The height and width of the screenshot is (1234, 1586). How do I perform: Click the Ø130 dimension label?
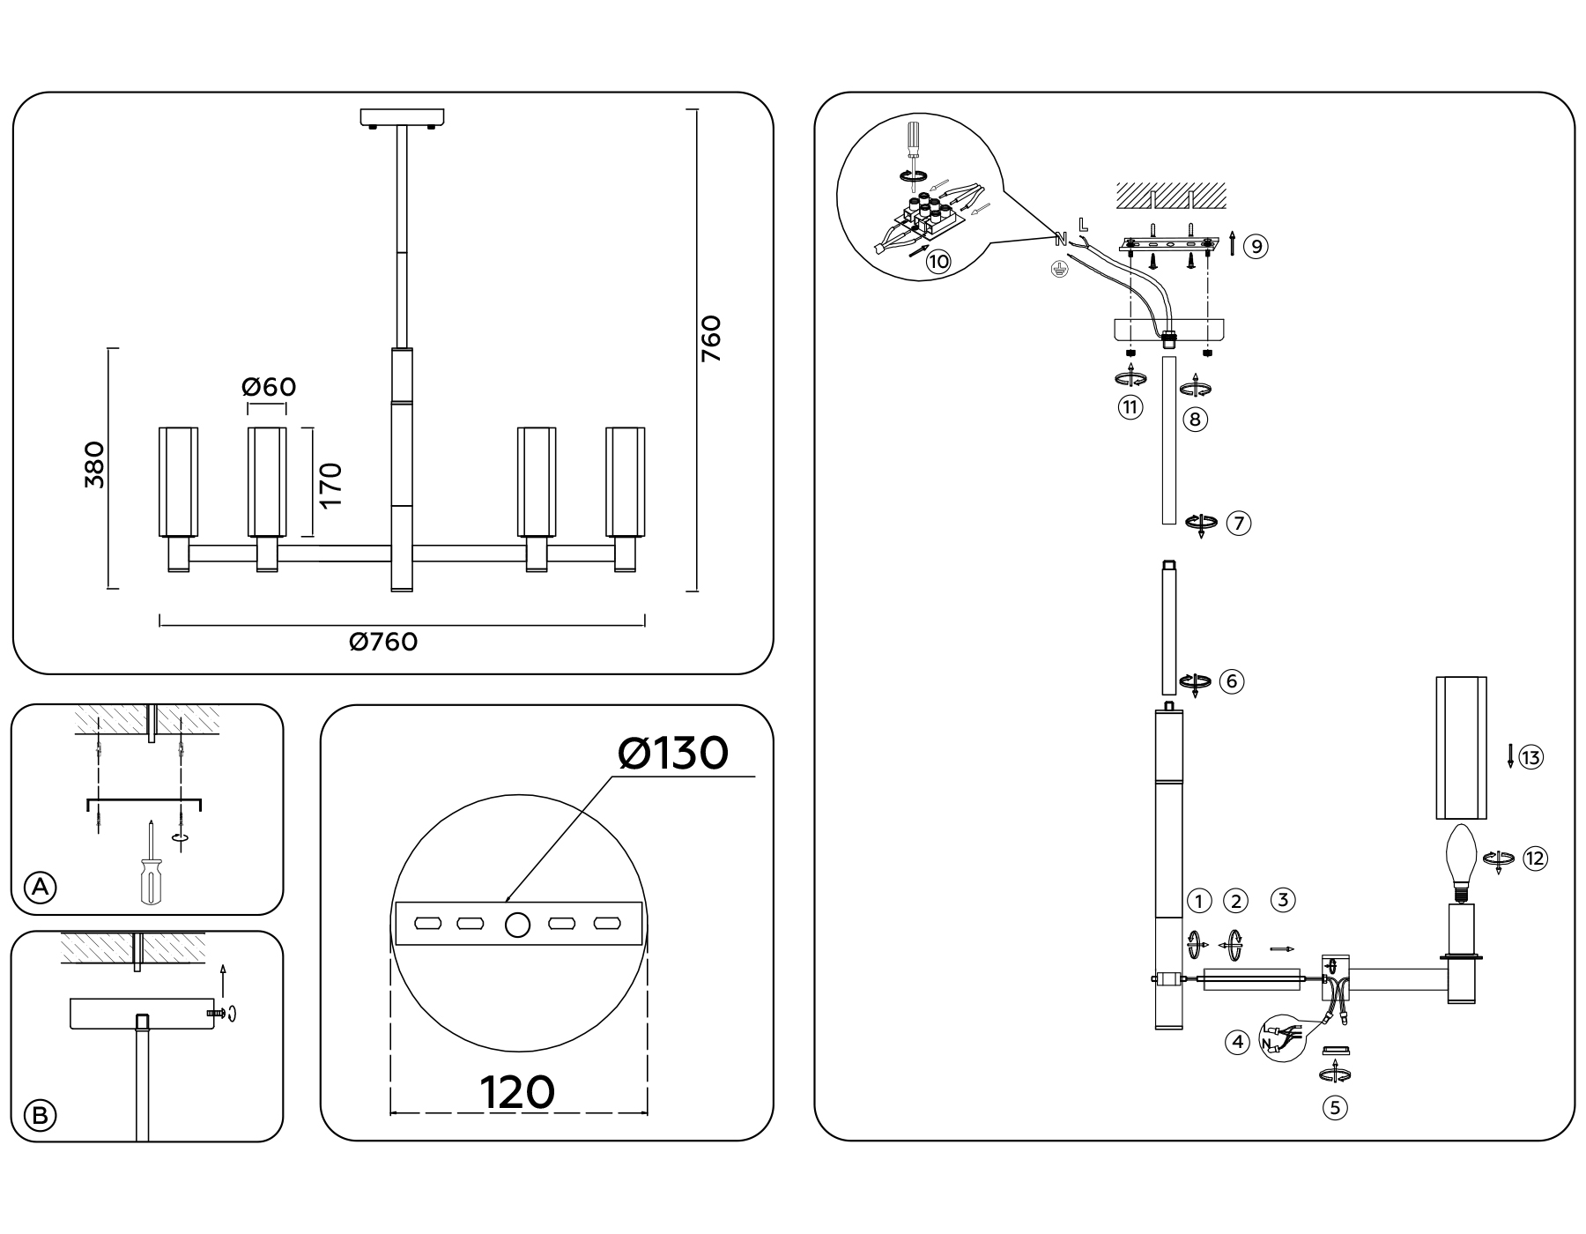point(673,754)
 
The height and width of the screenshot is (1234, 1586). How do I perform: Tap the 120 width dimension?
point(517,1092)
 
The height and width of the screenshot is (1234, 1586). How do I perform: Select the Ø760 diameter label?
point(383,642)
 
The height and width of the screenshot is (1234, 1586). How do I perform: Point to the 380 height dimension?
point(94,465)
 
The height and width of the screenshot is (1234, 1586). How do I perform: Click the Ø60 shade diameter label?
point(269,387)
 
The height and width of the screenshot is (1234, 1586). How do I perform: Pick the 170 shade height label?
point(330,484)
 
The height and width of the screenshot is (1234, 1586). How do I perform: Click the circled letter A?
point(40,887)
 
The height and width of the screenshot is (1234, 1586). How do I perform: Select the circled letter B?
point(40,1116)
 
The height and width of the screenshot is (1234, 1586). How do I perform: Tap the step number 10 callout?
point(938,261)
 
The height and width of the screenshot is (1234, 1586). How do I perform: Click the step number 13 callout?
point(1531,757)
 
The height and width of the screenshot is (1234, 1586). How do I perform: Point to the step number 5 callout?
point(1335,1107)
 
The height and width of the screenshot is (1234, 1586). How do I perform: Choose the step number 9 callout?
point(1256,246)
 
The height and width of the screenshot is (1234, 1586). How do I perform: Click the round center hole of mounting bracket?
point(517,925)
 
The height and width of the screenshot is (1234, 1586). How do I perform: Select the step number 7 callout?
point(1238,523)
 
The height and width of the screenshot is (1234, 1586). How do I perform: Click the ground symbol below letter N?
point(1061,271)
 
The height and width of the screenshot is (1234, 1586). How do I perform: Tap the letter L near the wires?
point(1083,226)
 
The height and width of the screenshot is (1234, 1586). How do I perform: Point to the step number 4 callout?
point(1238,1042)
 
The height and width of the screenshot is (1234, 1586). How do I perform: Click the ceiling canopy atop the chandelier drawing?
point(402,116)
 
